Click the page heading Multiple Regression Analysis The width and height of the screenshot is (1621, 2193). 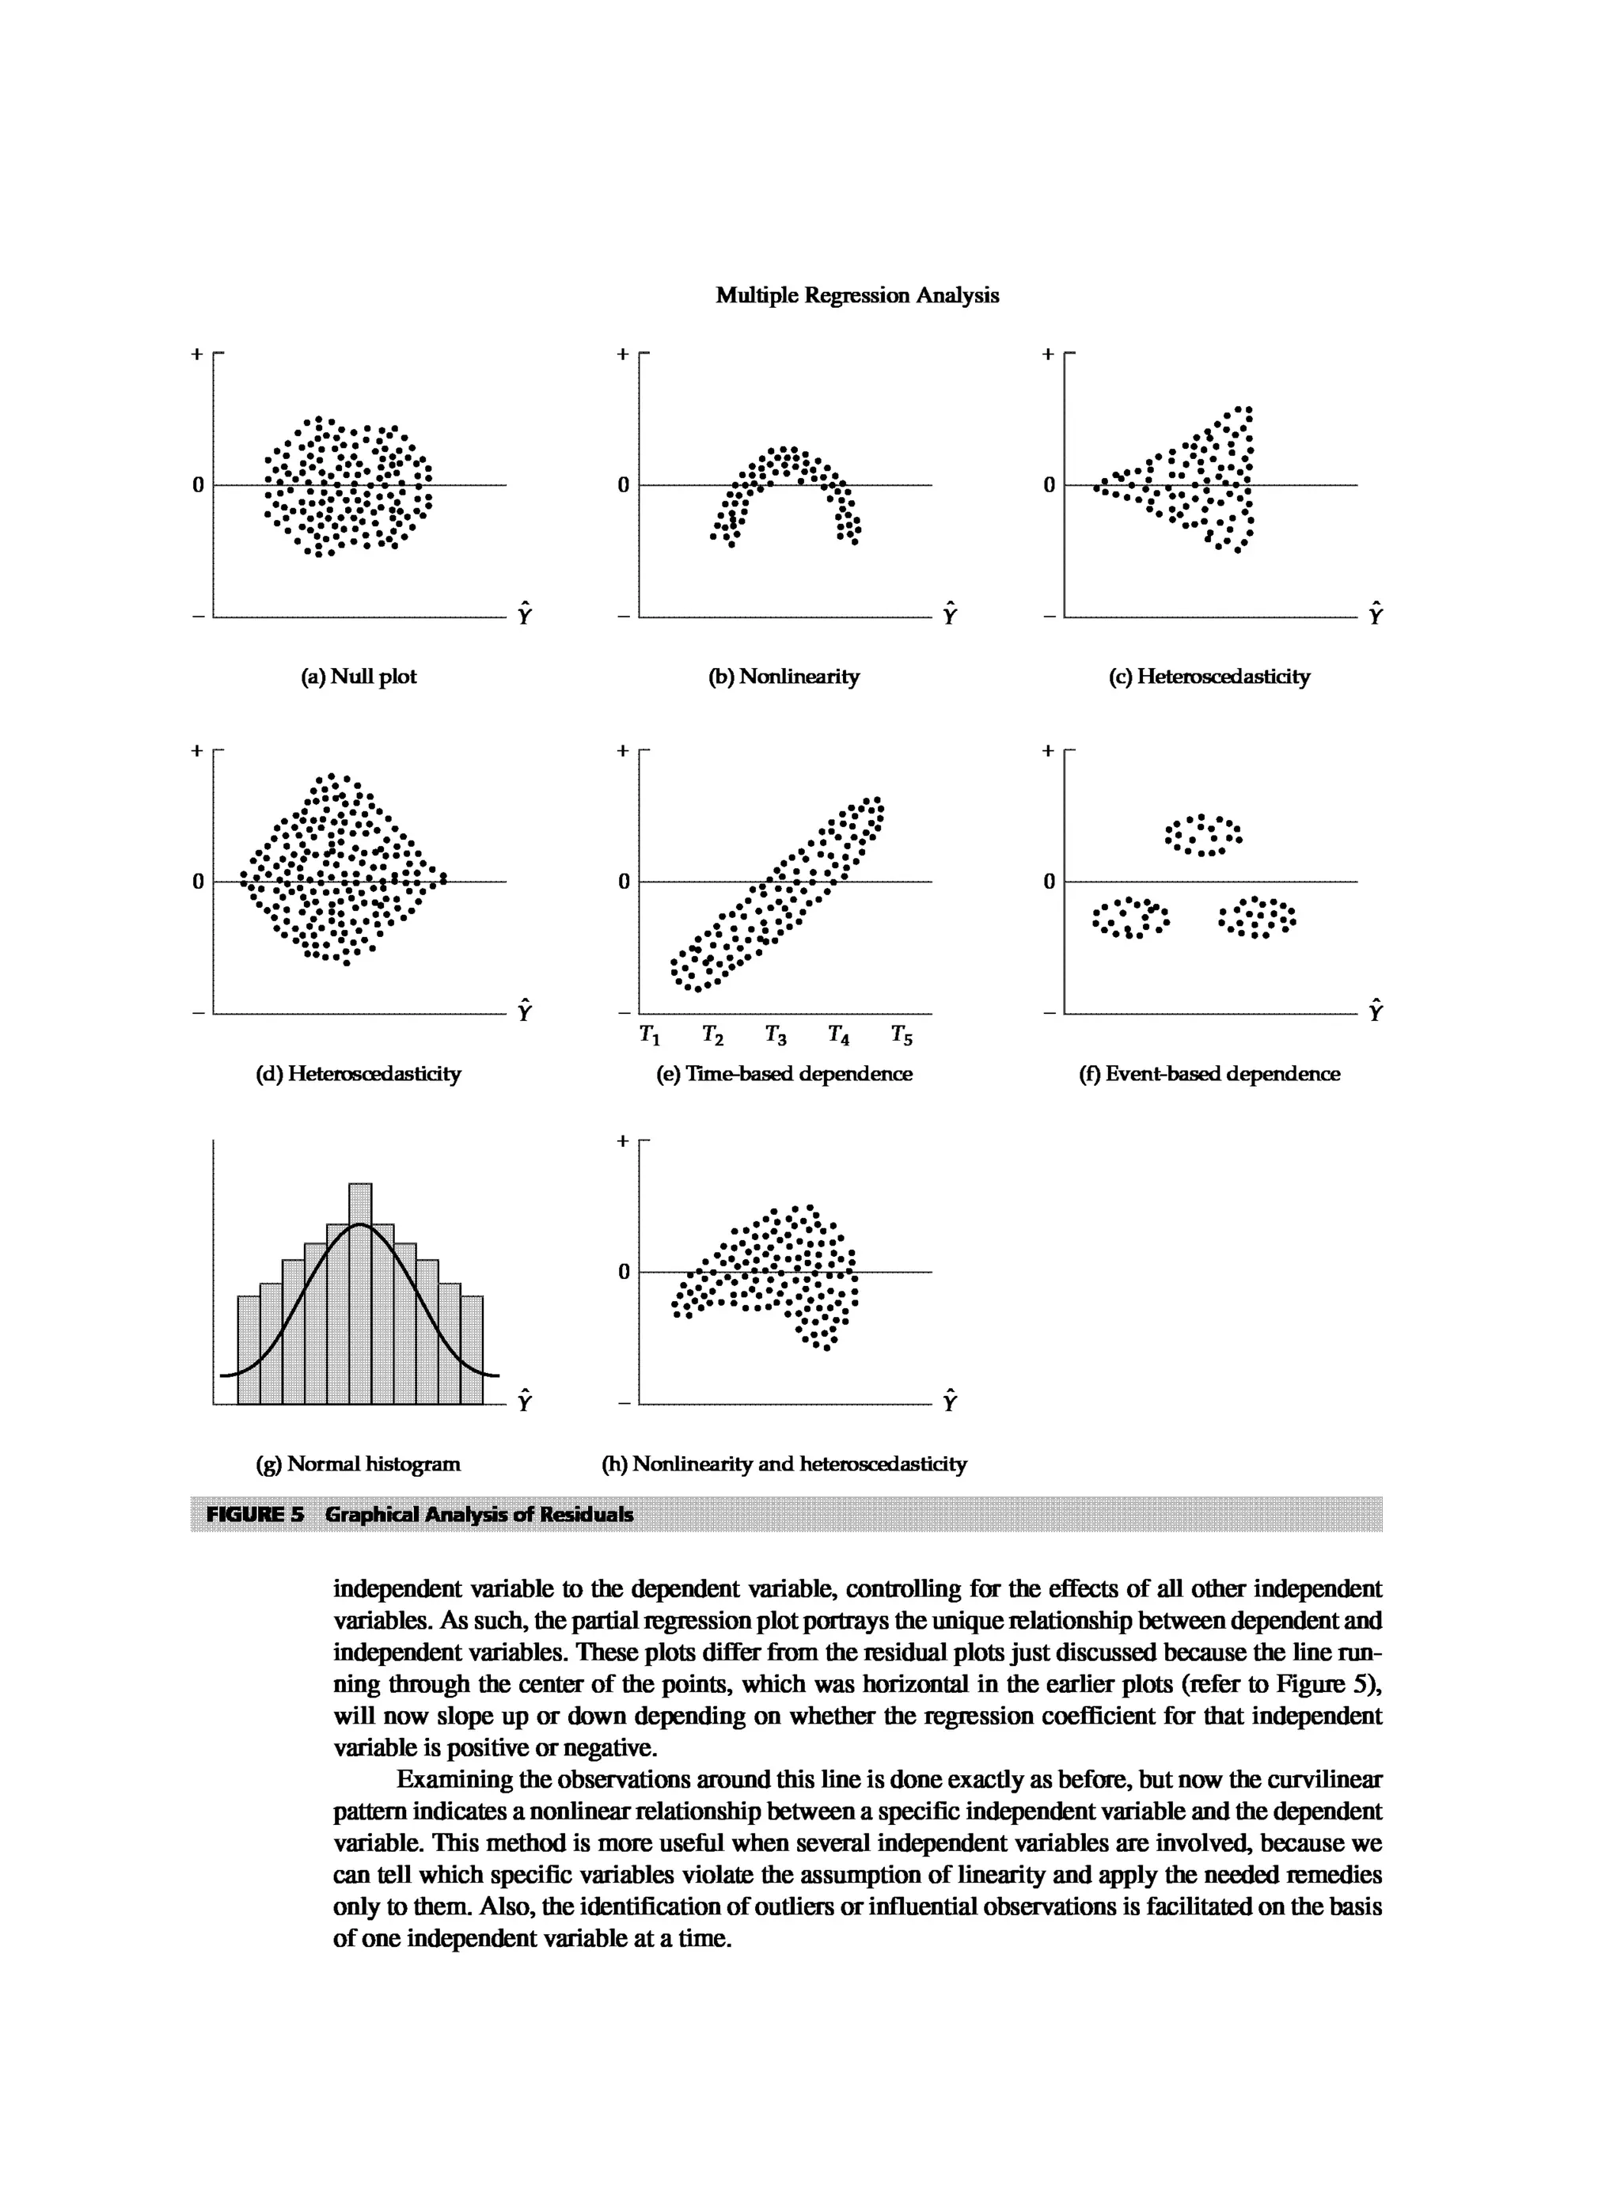[856, 295]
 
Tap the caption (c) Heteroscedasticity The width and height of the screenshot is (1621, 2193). [1209, 676]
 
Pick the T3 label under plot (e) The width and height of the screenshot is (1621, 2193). [775, 1035]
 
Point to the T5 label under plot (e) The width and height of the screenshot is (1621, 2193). [901, 1035]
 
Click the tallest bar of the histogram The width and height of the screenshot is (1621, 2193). [360, 1296]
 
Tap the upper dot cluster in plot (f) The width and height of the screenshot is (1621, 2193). [1203, 835]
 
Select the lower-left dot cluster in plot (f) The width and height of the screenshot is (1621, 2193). [1130, 917]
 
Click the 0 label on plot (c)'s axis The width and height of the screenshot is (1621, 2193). [1049, 484]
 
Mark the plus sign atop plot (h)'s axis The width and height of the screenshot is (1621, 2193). [622, 1141]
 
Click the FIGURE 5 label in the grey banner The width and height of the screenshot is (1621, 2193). [255, 1514]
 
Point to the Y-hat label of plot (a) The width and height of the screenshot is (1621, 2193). [524, 613]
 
